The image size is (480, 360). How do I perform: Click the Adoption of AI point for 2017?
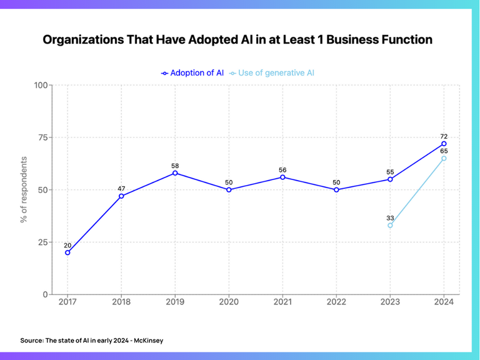(x=67, y=252)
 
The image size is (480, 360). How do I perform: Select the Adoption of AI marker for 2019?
(x=175, y=173)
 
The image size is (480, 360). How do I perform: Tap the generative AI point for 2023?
(x=390, y=225)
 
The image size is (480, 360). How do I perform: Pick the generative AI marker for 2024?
(x=444, y=158)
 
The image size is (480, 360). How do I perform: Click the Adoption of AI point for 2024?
(x=444, y=144)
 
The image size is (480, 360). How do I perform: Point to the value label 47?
(x=121, y=188)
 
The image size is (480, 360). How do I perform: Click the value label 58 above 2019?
(x=175, y=166)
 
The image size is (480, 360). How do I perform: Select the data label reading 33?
(x=390, y=217)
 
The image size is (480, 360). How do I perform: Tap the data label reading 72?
(x=444, y=136)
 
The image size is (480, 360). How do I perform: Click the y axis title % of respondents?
(x=24, y=189)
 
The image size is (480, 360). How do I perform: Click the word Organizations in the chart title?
(x=82, y=40)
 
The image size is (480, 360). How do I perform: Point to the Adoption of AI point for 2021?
(x=282, y=177)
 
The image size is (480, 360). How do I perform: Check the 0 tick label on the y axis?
(x=46, y=294)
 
